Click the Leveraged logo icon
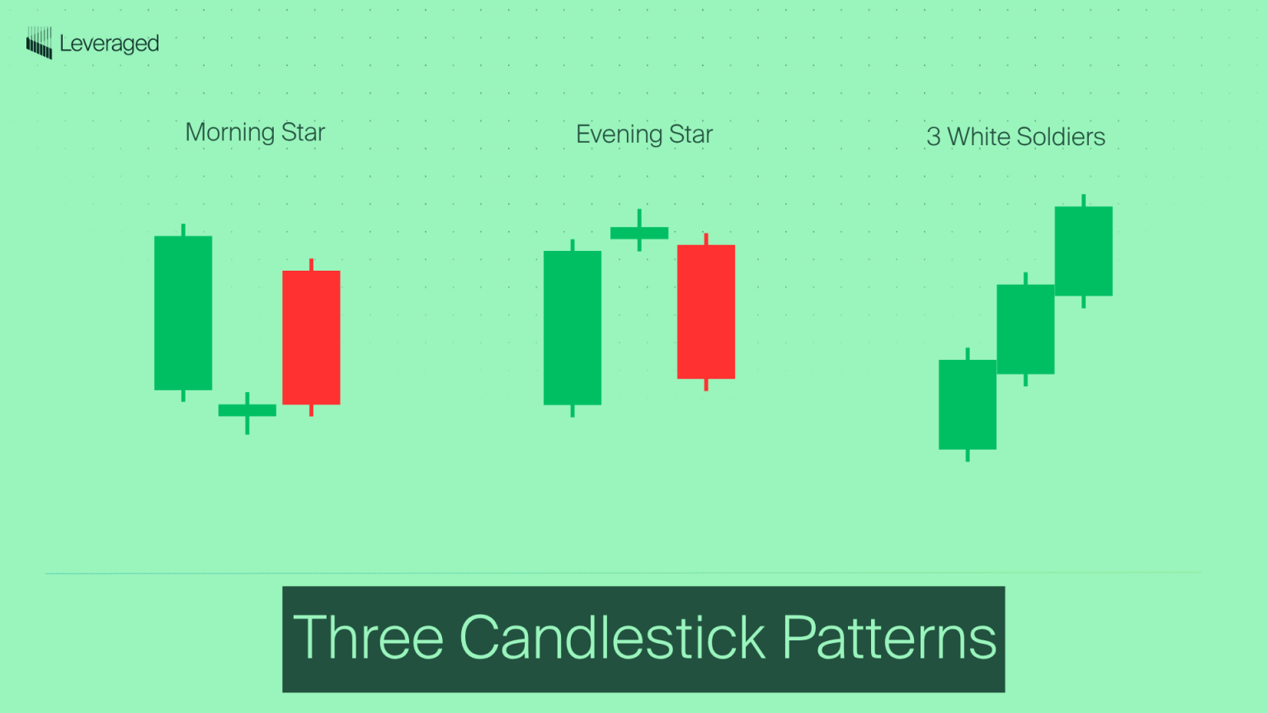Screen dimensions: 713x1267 39,43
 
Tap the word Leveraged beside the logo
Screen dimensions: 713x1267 109,44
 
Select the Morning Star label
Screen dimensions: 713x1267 255,132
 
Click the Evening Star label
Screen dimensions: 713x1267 644,135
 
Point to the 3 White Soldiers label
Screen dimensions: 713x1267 1015,137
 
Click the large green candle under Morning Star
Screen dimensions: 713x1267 183,313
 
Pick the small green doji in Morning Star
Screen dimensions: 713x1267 247,410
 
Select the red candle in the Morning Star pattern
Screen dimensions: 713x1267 311,338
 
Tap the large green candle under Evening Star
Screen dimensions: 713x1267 572,328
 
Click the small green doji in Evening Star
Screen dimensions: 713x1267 639,233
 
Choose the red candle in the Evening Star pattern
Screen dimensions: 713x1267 706,312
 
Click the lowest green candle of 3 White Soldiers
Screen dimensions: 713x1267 968,404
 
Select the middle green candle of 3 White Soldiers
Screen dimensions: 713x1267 1025,329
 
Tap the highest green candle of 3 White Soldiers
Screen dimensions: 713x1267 1083,251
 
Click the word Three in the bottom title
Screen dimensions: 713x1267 368,638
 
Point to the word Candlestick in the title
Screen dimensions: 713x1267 612,638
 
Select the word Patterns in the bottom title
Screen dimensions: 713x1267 889,638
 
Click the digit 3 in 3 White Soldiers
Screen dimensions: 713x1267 933,137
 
